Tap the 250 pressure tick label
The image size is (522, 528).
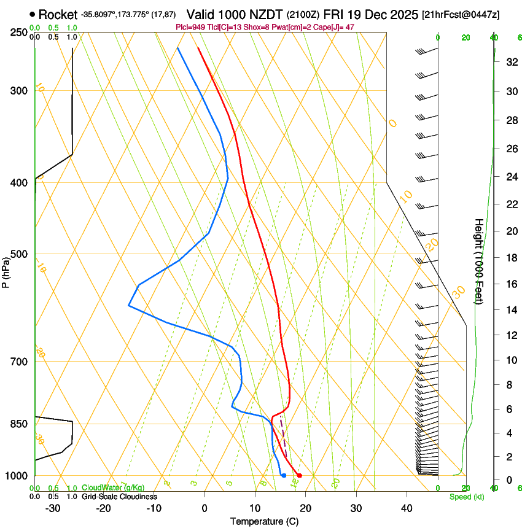click(18, 33)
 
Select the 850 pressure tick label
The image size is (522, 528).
click(18, 424)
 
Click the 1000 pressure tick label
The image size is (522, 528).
click(17, 476)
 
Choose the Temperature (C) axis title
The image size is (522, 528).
click(264, 521)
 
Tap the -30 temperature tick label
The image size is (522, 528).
click(52, 508)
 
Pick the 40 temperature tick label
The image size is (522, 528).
click(406, 508)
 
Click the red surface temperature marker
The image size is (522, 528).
click(299, 475)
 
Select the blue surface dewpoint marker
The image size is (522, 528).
click(284, 475)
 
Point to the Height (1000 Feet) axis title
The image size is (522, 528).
click(479, 261)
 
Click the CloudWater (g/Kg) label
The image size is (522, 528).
click(113, 488)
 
